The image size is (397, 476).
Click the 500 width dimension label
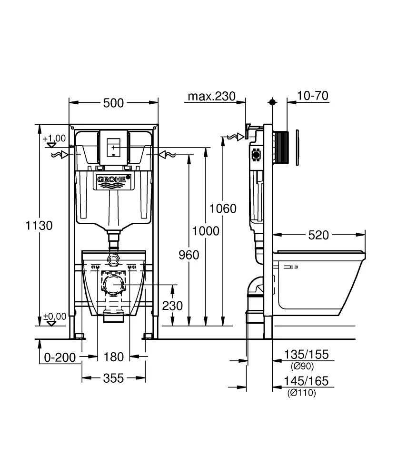coord(113,102)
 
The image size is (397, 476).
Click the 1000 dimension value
coord(206,231)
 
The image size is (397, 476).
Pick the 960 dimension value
coord(189,255)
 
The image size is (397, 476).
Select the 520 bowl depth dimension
coord(318,235)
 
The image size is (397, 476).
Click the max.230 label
coord(211,97)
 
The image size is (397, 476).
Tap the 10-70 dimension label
coord(313,96)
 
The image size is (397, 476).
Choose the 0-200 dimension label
coord(59,357)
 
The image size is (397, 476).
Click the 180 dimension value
coord(113,357)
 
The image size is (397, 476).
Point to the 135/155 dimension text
coord(307,355)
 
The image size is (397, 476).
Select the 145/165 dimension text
coord(307,382)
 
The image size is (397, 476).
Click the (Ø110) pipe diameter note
coord(301,393)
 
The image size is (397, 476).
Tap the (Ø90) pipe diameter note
coord(302,366)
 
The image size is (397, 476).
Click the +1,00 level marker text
coord(54,139)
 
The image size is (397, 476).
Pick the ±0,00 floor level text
coord(54,316)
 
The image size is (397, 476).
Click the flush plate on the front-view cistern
coord(113,148)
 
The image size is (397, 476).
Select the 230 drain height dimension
coord(172,305)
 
